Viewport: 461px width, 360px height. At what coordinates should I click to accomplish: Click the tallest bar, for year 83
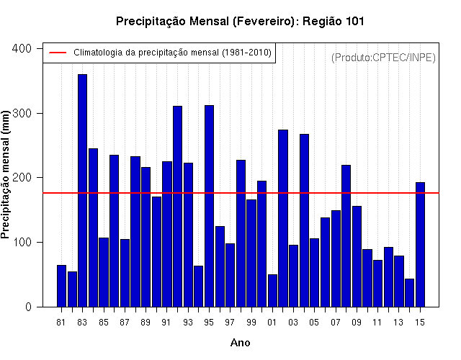click(83, 190)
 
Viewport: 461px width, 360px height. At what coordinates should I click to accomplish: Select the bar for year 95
click(209, 206)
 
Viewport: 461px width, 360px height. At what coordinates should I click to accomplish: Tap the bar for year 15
click(420, 245)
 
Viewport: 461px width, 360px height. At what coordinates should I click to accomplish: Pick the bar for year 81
click(61, 286)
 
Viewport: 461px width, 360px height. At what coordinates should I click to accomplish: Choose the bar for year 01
click(272, 291)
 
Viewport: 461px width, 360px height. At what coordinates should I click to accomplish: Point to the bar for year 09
click(357, 256)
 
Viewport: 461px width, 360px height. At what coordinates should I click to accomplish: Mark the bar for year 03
click(293, 276)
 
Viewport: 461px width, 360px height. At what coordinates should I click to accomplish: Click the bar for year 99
click(251, 253)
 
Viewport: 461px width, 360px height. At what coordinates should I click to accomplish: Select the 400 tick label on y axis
click(22, 48)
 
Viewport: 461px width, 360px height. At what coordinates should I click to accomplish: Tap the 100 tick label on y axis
click(22, 242)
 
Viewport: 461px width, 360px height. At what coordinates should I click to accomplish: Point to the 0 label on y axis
click(28, 307)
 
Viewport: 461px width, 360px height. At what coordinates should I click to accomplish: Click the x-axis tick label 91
click(166, 323)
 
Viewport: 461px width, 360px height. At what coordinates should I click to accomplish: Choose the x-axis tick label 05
click(314, 323)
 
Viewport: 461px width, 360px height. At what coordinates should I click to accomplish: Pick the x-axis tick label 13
click(398, 323)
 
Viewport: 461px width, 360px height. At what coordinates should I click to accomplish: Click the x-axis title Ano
click(240, 343)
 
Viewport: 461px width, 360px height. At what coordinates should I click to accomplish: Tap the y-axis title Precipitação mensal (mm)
click(5, 174)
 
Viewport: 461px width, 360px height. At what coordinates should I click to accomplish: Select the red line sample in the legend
click(58, 53)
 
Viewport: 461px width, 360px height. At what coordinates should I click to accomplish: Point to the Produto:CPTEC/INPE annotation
click(383, 58)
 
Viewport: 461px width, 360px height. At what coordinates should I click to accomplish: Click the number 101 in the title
click(355, 21)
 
